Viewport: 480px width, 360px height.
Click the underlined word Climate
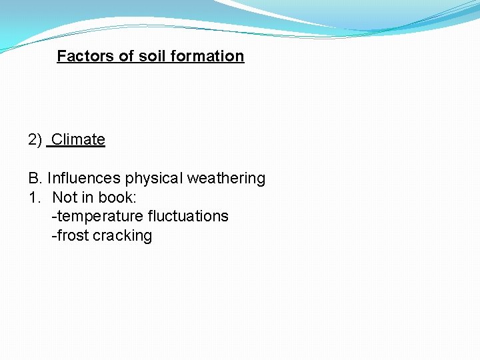tap(78, 139)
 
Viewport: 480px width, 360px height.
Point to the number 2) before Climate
tap(35, 139)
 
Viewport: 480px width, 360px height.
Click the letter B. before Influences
tap(35, 179)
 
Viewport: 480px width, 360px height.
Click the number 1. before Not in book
tap(33, 197)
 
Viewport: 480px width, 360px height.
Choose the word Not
tap(64, 197)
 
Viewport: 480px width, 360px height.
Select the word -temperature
tap(97, 216)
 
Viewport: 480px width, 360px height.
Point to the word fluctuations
tap(188, 216)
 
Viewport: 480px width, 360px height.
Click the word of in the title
tap(127, 56)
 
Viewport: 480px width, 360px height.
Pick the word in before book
tap(88, 197)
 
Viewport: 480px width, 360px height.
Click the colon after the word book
tap(135, 198)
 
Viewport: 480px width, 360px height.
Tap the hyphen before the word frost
tap(54, 236)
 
